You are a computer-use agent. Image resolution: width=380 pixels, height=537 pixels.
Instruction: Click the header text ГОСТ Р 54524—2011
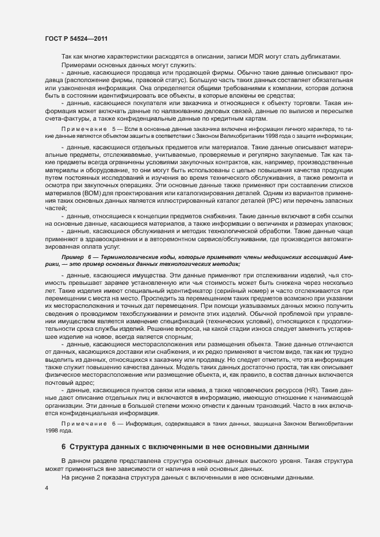tap(74, 38)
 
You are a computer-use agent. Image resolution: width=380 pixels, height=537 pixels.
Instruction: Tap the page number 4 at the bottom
tap(46, 489)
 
